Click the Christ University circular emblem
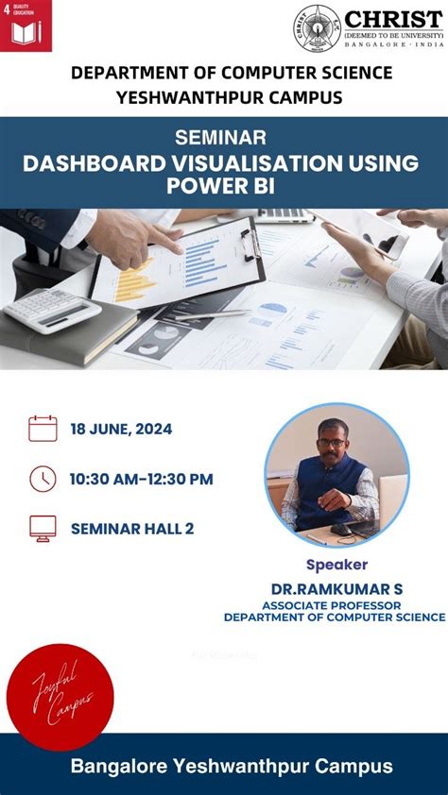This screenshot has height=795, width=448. click(316, 28)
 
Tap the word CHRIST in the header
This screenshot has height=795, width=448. click(392, 19)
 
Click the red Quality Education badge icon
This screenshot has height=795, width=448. click(26, 25)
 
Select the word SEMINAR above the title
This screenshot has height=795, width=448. click(220, 138)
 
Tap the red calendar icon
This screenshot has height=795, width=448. click(43, 429)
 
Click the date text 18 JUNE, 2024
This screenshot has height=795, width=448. click(121, 429)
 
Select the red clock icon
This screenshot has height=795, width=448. click(43, 479)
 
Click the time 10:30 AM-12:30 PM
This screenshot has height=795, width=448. click(141, 479)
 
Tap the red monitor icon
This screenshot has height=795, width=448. click(43, 528)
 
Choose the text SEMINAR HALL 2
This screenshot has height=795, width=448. click(132, 529)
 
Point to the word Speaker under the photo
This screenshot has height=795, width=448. click(336, 566)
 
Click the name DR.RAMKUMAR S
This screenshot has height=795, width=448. click(335, 588)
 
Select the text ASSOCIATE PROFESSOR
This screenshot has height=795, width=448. click(332, 604)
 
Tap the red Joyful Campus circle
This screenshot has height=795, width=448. click(60, 697)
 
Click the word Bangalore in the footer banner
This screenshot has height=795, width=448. click(114, 766)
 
